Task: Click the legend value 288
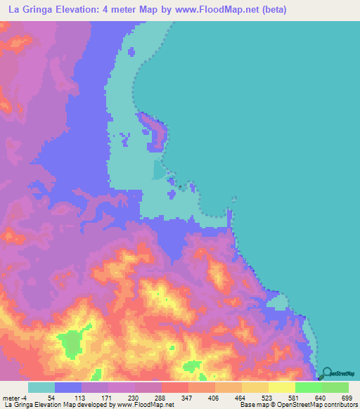coord(161,397)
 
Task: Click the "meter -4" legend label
coord(15,397)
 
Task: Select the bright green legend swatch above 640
coord(309,387)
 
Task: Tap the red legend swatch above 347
coord(175,387)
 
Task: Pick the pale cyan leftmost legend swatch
coord(41,387)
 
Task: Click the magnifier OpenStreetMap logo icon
coord(326,375)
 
